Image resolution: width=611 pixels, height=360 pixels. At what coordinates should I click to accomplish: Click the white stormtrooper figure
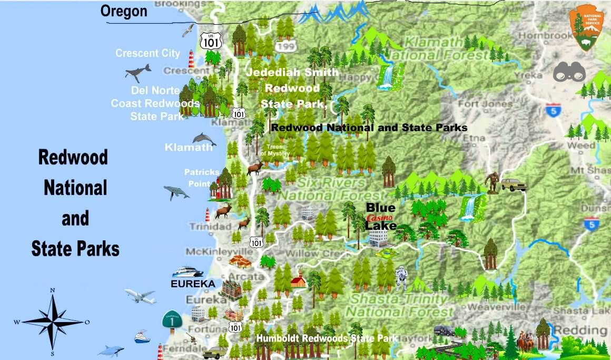click(x=401, y=278)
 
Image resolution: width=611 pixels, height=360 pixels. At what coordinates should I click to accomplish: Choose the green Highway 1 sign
click(x=172, y=320)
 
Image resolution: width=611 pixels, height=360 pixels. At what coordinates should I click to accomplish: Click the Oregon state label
click(x=124, y=11)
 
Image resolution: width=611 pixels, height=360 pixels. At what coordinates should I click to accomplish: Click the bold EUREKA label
click(x=193, y=284)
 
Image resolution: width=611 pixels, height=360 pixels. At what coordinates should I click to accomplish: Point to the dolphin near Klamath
click(x=204, y=139)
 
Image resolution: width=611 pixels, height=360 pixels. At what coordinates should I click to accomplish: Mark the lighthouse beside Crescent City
click(x=191, y=59)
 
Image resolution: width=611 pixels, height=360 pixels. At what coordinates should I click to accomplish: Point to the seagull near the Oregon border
click(x=188, y=30)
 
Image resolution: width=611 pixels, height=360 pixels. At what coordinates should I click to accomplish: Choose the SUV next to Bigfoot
click(x=513, y=184)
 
